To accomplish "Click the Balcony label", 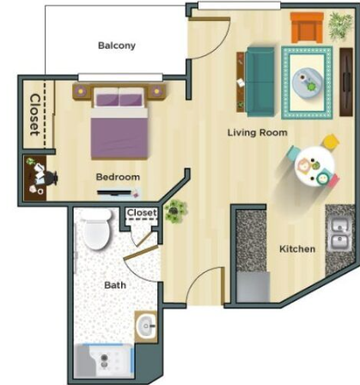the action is (x=117, y=46).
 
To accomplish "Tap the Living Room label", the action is (x=257, y=132).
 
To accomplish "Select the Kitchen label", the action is (x=297, y=249).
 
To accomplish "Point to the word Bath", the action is (x=115, y=285).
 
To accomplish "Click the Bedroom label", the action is (x=118, y=177).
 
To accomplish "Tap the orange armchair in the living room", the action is (x=307, y=27).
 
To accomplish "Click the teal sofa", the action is (x=260, y=82).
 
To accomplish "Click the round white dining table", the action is (x=314, y=167).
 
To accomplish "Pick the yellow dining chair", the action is (x=331, y=142).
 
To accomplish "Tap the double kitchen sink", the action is (x=339, y=234).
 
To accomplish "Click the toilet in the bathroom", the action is (x=95, y=229).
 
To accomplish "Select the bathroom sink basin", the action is (x=146, y=327).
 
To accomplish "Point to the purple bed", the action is (x=119, y=122).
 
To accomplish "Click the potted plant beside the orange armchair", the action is (x=340, y=25).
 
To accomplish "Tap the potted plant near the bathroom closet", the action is (x=175, y=211).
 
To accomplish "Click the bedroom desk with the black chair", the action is (x=35, y=178).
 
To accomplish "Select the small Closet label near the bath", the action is (x=142, y=213).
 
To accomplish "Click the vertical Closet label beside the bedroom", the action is (x=34, y=114).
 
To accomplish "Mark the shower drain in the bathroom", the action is (x=105, y=361).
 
